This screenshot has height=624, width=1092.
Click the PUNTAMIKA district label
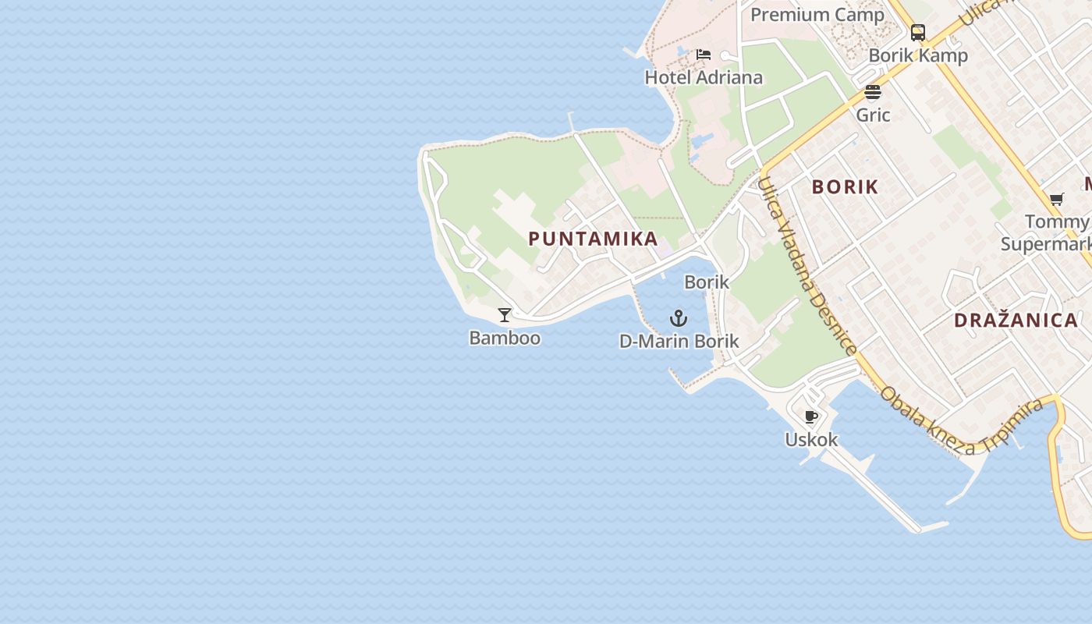pos(593,239)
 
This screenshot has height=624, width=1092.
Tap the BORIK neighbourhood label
pos(845,187)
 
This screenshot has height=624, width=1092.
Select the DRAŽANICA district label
pos(1016,320)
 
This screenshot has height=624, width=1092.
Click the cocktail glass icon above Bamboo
pos(505,315)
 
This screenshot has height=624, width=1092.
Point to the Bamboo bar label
pos(505,338)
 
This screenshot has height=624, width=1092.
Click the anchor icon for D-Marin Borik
pos(679,318)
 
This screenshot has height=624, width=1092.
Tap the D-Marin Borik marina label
pos(679,341)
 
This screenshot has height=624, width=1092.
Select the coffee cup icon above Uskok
pos(811,417)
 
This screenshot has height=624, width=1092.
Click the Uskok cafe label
pos(811,439)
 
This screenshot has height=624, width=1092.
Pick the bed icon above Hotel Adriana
pos(704,55)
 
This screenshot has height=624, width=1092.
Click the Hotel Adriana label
pos(704,77)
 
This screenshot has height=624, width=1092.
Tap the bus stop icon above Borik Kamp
pos(918,33)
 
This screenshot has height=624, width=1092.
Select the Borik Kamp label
pos(918,55)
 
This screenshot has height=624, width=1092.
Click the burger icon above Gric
pos(873,92)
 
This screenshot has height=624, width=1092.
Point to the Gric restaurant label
pos(873,115)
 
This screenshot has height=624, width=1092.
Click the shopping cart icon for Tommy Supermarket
pos(1057,199)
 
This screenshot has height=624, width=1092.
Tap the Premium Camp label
pos(817,15)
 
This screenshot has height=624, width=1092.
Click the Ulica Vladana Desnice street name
pos(807,265)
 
